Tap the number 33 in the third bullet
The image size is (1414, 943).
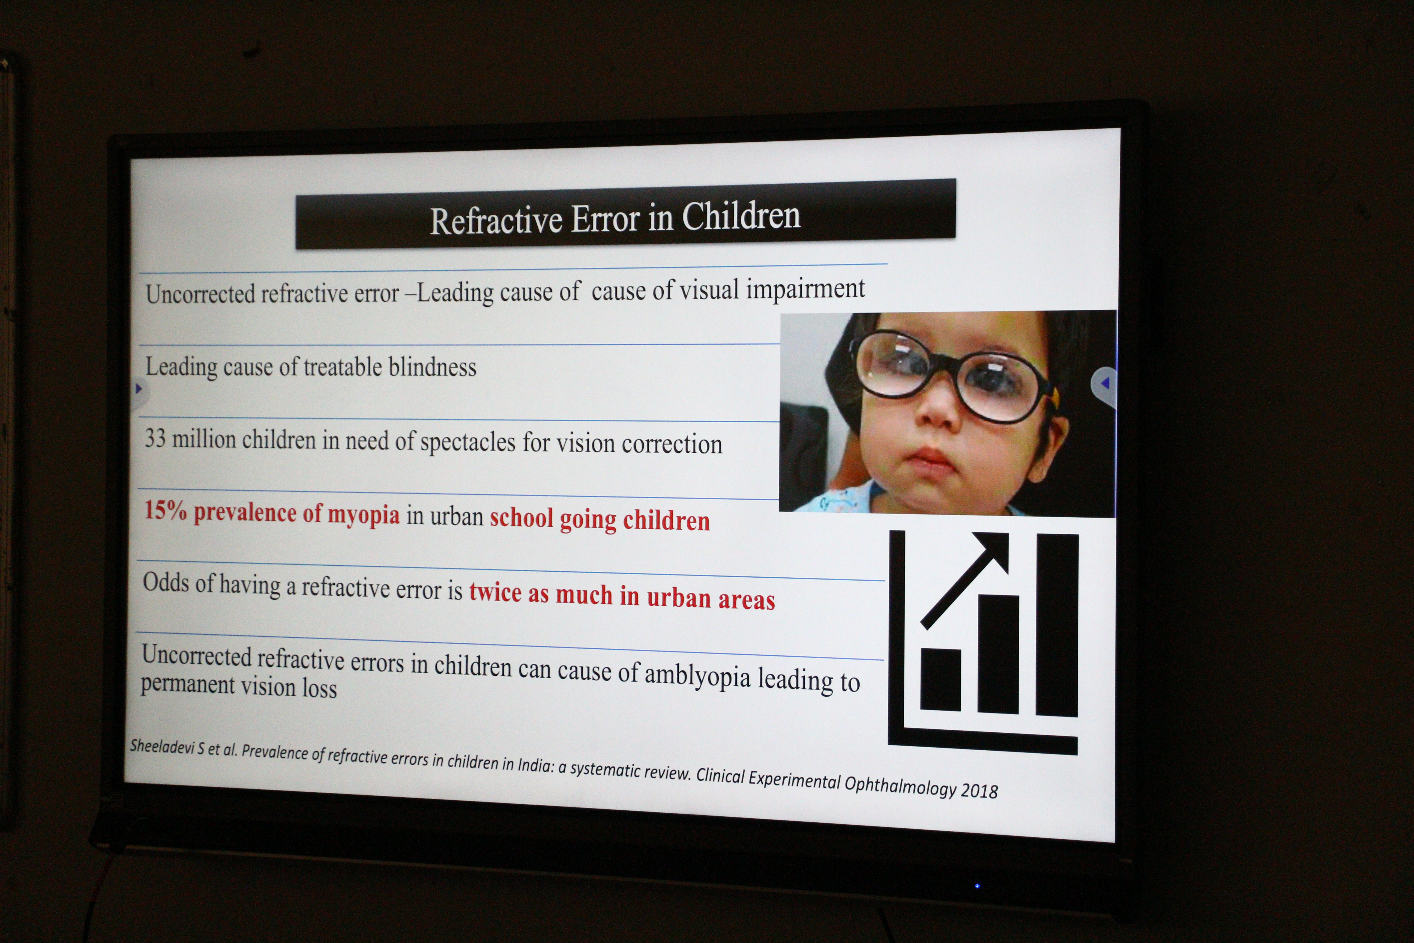(155, 438)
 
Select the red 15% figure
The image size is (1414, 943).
(165, 511)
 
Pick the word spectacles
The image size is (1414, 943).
(468, 443)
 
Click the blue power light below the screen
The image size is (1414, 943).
(977, 885)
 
